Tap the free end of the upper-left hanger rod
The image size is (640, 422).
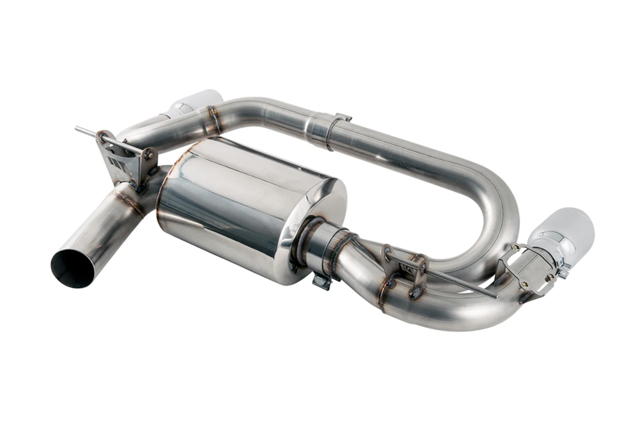(77, 128)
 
